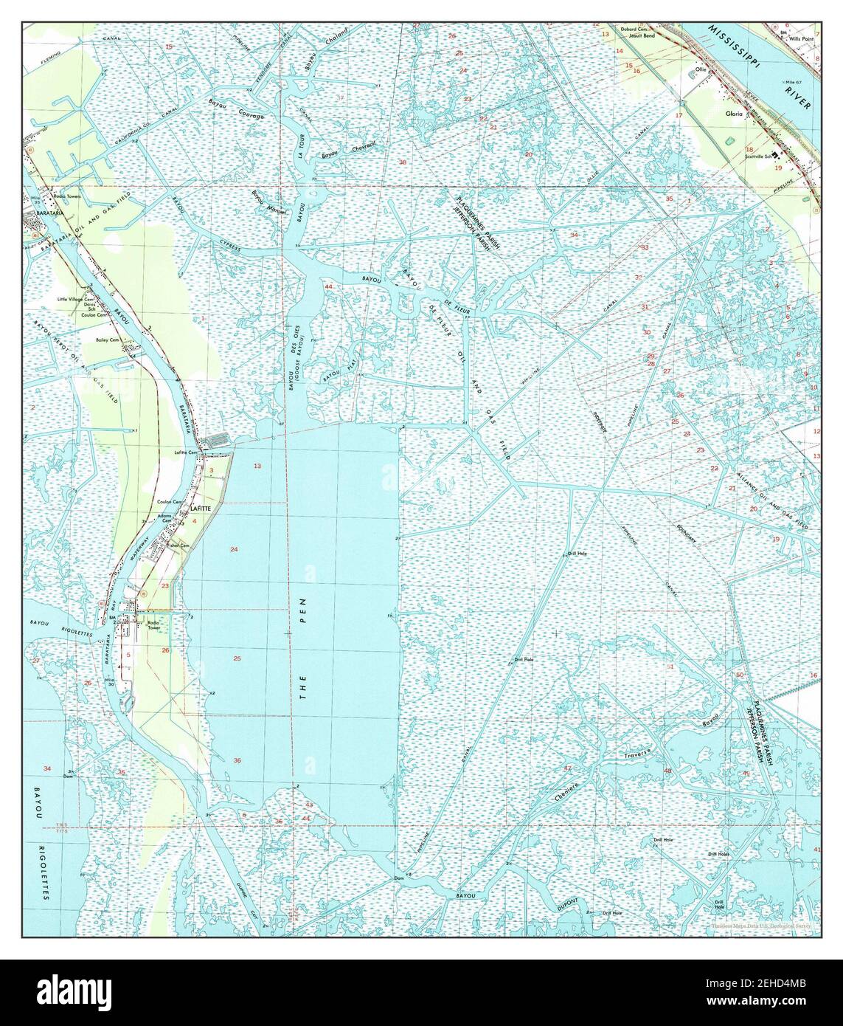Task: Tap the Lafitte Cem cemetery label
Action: [186, 452]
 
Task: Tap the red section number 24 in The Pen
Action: [234, 549]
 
